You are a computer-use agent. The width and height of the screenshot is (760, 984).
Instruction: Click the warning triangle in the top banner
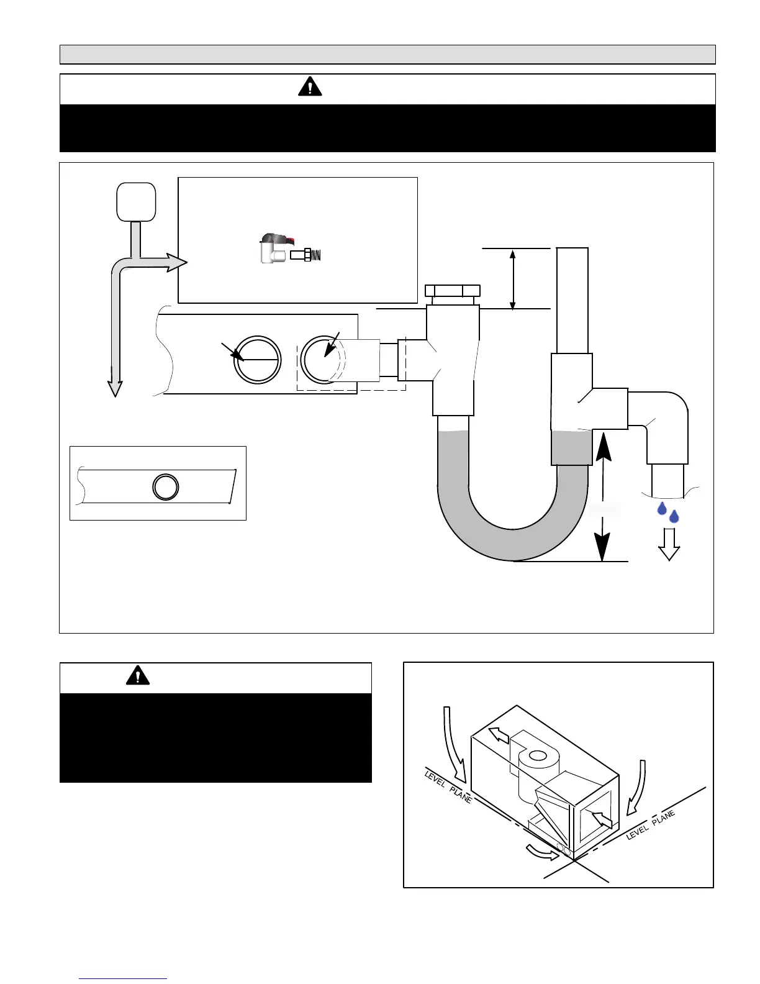pos(310,87)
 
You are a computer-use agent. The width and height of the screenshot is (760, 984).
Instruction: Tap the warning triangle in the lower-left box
pos(137,675)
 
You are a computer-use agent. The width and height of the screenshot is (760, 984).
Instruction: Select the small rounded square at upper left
pos(136,201)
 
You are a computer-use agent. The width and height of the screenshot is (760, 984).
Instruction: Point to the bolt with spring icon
pos(305,255)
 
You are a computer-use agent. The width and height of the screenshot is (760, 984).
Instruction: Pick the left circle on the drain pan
pos(257,360)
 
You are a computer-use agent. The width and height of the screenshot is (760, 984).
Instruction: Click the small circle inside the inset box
pos(166,486)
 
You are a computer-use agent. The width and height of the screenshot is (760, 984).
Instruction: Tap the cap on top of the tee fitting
pos(452,291)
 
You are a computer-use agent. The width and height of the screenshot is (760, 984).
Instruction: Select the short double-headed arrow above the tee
pos(512,279)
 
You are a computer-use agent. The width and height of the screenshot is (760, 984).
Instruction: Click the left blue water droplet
pos(662,509)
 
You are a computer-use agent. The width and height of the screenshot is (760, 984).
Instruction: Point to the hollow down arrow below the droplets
pos(669,544)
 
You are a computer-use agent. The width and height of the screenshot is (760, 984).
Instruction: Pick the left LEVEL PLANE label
pos(448,786)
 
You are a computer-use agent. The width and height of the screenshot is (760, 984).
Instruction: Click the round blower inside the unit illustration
pos(536,756)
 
